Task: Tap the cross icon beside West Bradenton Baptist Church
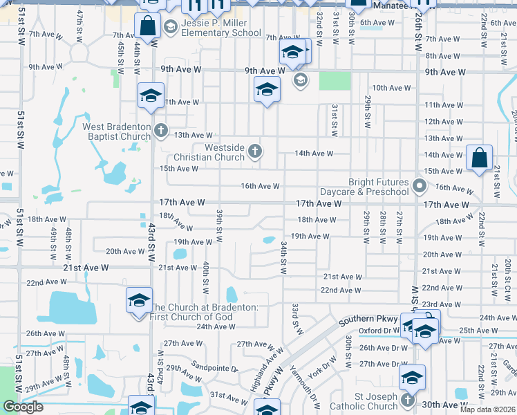(x=161, y=129)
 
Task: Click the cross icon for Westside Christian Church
(x=255, y=151)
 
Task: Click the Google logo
(x=23, y=407)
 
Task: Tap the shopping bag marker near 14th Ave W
(x=479, y=158)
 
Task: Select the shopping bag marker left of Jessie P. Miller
(x=149, y=27)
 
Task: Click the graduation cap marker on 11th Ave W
(x=150, y=96)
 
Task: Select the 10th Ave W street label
(x=391, y=88)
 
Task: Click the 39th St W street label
(x=218, y=225)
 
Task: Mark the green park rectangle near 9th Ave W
(x=335, y=80)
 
